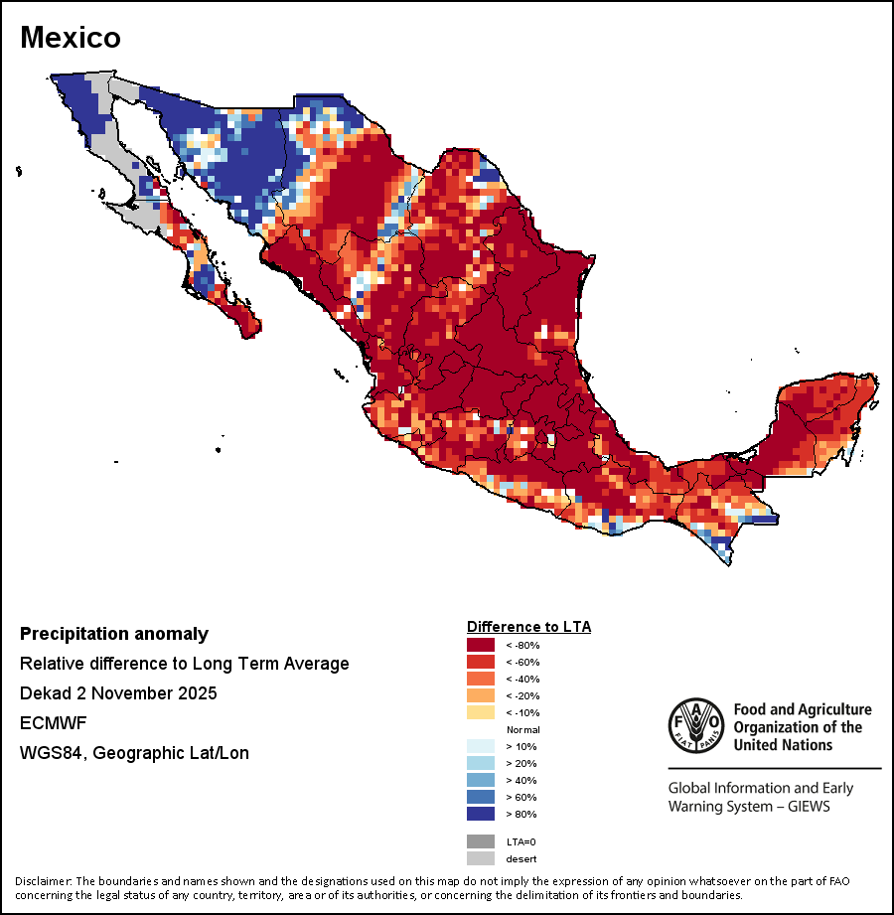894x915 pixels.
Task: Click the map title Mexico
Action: pos(71,38)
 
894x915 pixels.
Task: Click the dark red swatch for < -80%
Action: pos(481,645)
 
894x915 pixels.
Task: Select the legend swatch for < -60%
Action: pos(481,662)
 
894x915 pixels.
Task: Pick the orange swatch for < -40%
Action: pos(481,679)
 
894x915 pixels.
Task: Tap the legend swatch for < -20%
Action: pos(481,695)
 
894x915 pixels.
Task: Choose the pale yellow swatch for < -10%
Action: pos(481,712)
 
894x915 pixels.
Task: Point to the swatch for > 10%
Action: pos(481,746)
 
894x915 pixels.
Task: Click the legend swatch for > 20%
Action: pos(481,763)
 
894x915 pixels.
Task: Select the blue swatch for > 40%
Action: pos(481,780)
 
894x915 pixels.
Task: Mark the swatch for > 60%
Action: pos(481,797)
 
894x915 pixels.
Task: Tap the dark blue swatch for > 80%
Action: pos(481,814)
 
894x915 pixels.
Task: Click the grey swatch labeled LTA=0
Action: pos(481,841)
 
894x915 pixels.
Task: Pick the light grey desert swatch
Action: pos(481,858)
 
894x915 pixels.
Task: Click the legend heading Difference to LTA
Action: pos(528,627)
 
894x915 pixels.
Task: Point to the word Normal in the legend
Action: pos(522,729)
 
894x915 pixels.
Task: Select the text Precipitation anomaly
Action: pos(114,634)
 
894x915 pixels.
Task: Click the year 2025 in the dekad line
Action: pos(197,693)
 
